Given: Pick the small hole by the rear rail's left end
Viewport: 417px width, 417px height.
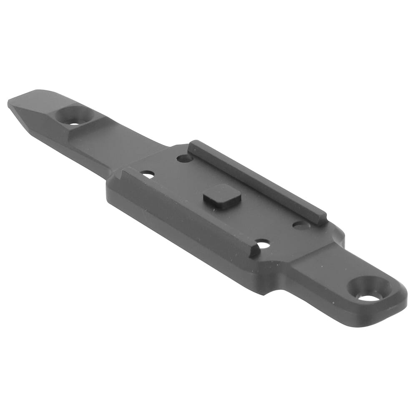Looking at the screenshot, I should coord(184,158).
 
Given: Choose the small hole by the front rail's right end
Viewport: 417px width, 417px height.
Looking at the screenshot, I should coord(263,244).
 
